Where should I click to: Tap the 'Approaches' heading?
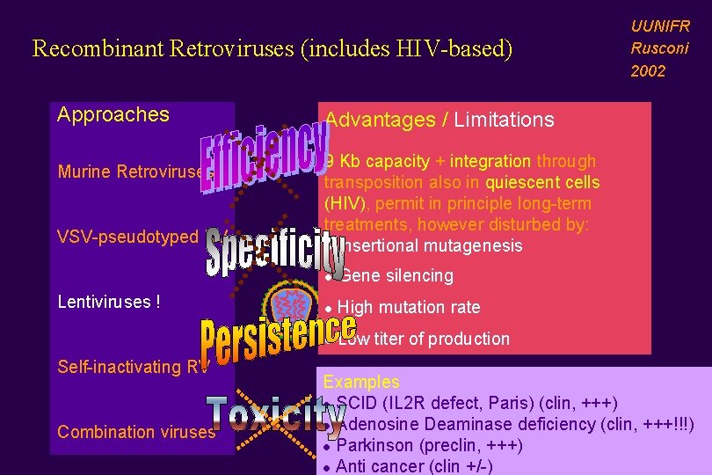(x=113, y=114)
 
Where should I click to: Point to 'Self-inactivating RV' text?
(x=132, y=367)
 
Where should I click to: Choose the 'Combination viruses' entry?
(x=136, y=432)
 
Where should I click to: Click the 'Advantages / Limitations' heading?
(x=440, y=120)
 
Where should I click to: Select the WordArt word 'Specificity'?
(x=274, y=248)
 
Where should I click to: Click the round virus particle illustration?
(x=291, y=304)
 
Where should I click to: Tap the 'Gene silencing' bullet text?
(x=396, y=275)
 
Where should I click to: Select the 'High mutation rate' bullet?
(x=409, y=307)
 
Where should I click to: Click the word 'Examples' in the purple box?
(x=361, y=382)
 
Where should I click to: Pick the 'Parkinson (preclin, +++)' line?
(x=429, y=446)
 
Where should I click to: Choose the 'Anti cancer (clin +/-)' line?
(x=414, y=466)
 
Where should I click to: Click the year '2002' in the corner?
(x=649, y=71)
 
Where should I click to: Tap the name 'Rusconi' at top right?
(x=659, y=48)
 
